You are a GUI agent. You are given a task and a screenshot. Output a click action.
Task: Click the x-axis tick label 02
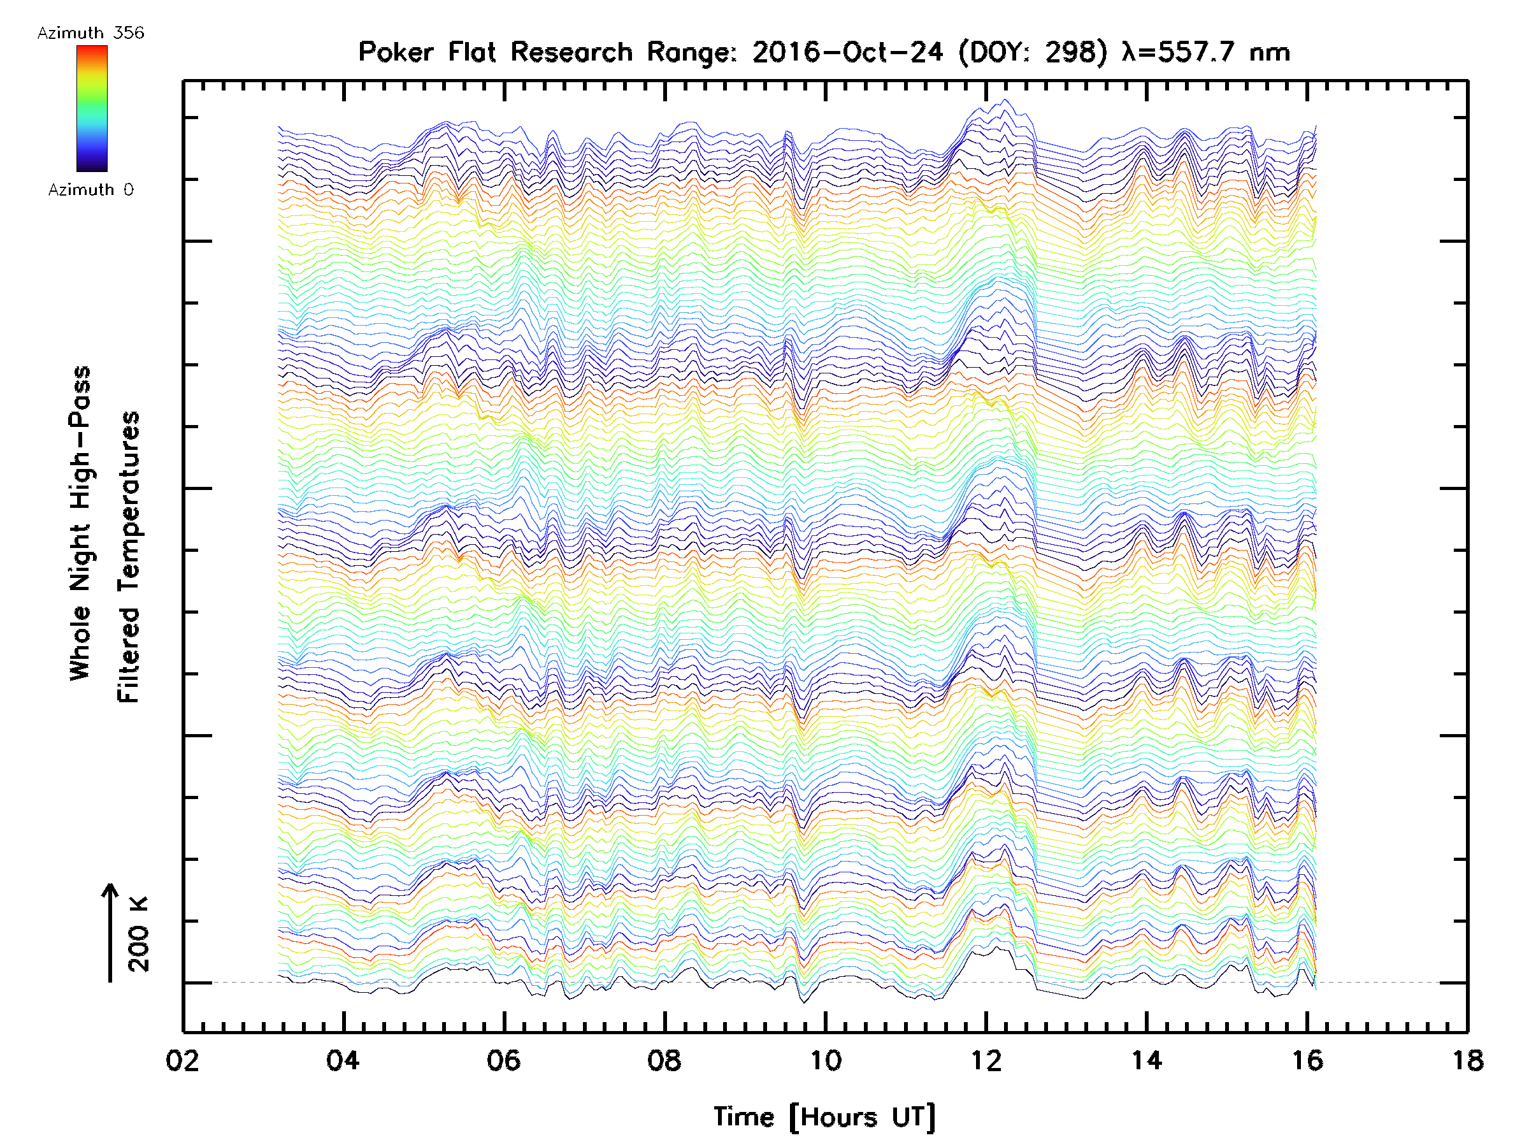coord(182,1060)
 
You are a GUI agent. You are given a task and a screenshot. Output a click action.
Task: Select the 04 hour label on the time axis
coord(343,1060)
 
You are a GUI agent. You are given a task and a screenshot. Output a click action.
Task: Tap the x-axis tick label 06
coord(503,1060)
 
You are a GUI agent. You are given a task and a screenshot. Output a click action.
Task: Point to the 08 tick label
coord(664,1060)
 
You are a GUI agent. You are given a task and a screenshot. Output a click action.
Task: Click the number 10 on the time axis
coord(825,1060)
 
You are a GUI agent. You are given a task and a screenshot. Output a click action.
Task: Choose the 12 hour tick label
coord(986,1060)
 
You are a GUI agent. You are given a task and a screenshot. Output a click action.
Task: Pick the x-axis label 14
coord(1146,1060)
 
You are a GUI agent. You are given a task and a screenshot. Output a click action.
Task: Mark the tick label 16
coord(1307,1060)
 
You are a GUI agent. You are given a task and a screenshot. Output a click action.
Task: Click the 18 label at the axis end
coord(1467,1060)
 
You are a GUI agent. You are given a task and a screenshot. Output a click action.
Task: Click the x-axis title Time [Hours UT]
coord(824,1117)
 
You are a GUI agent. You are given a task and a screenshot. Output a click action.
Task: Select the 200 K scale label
coord(138,934)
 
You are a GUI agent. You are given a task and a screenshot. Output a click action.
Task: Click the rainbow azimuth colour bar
coord(92,108)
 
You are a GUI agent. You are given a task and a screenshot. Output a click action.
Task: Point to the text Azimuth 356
coord(90,33)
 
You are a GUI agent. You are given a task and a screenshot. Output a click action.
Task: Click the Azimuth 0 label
coord(90,190)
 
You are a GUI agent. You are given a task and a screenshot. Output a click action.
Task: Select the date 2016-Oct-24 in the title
coord(847,52)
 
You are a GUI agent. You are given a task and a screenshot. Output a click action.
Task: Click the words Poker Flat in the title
coord(427,52)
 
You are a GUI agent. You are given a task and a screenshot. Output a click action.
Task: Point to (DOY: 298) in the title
coord(1033,52)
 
